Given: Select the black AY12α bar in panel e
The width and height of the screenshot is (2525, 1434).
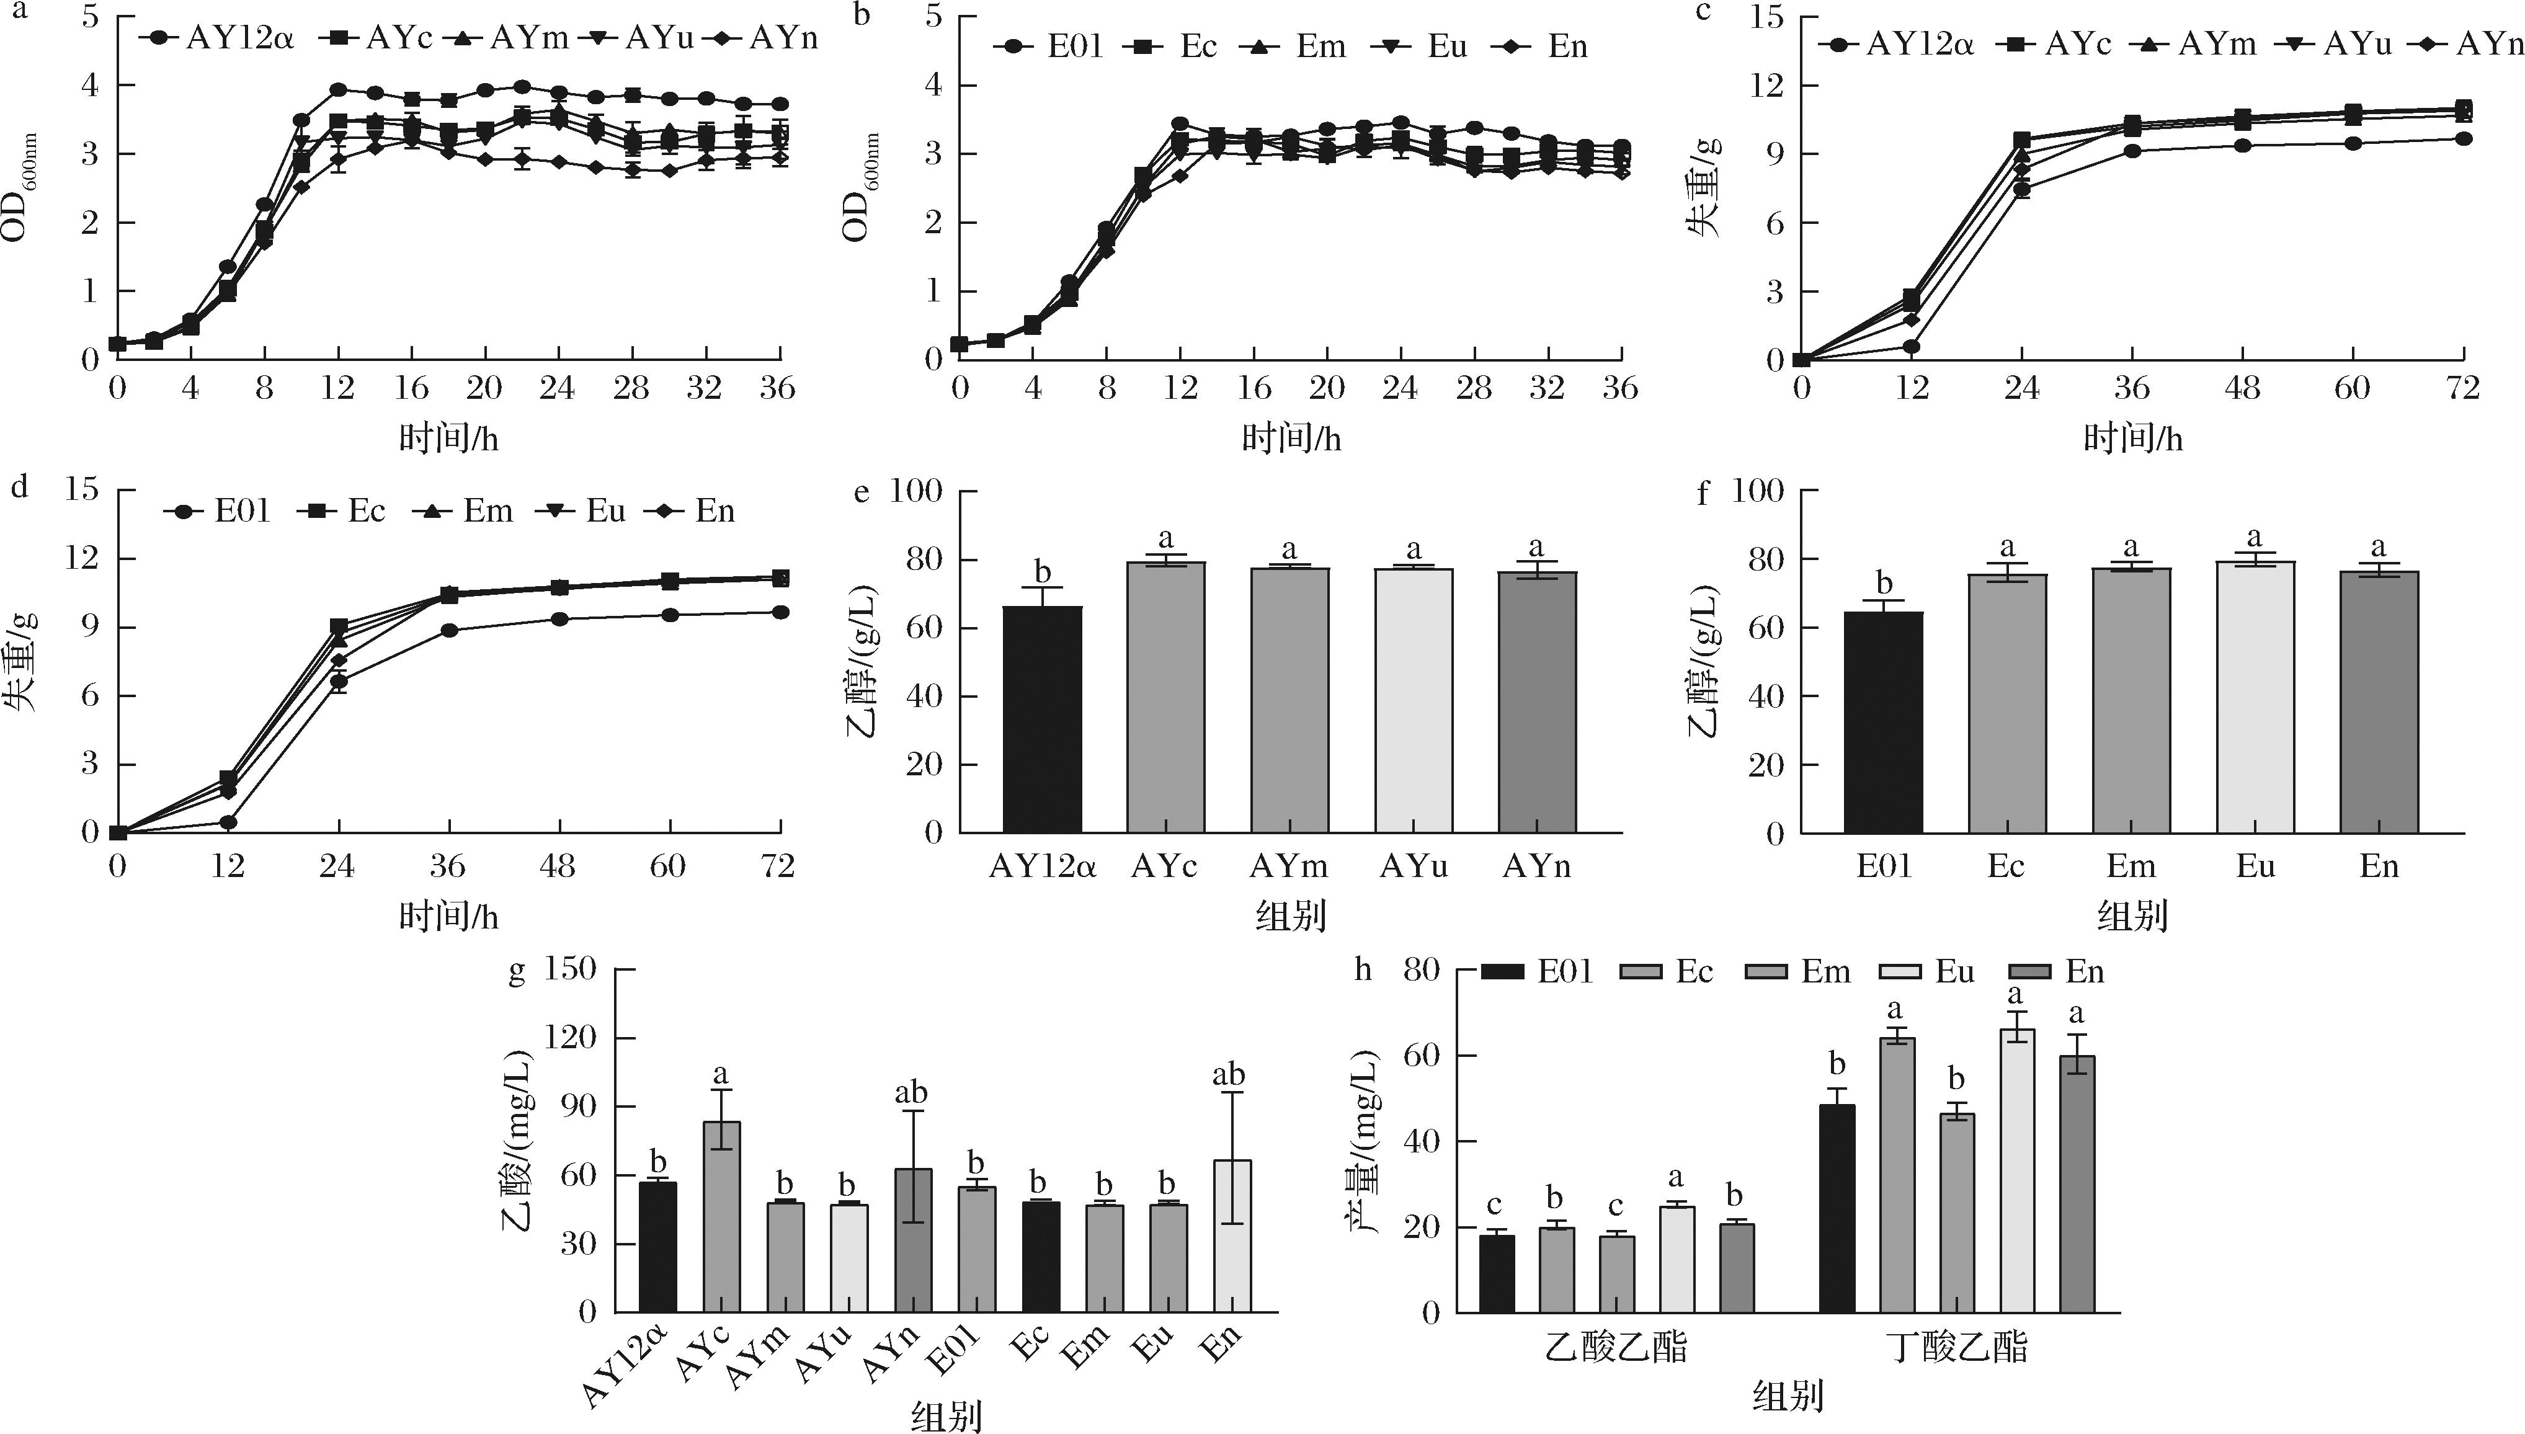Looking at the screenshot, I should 1042,719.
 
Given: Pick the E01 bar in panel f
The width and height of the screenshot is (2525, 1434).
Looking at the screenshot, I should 1883,723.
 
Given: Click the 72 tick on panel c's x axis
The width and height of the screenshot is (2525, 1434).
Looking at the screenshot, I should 2462,389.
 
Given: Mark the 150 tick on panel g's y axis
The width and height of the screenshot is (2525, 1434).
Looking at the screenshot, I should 571,969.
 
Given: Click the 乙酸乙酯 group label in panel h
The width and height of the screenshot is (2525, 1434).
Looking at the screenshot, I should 1615,1347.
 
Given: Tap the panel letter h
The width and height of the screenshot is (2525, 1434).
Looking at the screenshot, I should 1362,969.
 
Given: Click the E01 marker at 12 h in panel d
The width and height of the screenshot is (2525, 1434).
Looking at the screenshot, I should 228,821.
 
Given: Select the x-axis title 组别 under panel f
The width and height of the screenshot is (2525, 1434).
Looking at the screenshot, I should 2132,917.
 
